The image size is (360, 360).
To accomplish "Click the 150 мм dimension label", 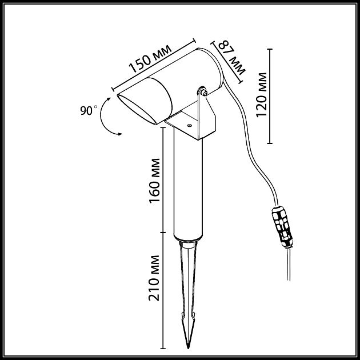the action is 150,59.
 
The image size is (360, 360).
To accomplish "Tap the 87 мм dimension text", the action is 231,57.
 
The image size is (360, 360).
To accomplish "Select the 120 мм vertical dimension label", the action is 262,95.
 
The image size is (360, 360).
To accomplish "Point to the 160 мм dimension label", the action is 154,181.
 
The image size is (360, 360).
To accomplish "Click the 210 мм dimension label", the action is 154,278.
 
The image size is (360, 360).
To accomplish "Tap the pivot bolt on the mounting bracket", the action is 203,92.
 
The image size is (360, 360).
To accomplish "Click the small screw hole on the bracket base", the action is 189,125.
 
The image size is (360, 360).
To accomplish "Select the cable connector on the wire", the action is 282,227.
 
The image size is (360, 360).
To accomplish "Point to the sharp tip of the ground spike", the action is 188,348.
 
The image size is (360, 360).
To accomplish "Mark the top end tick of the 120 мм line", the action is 270,49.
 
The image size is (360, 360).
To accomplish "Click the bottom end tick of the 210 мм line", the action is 163,349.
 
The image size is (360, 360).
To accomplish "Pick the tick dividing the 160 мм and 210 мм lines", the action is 163,233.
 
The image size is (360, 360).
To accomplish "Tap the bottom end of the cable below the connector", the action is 289,280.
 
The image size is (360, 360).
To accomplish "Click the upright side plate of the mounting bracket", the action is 206,115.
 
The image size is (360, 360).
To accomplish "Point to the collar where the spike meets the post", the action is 188,244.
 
